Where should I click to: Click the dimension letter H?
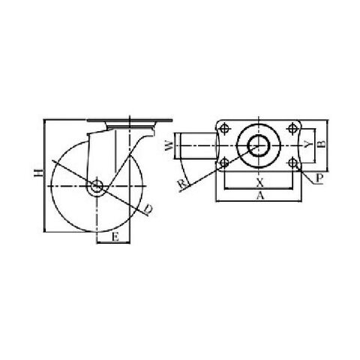point(39,172)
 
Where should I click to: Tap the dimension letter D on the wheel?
point(148,209)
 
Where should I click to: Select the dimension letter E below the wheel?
point(115,236)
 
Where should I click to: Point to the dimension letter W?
point(169,145)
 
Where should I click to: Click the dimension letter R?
point(182,184)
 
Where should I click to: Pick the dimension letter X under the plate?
point(260,183)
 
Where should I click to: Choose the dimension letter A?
point(260,196)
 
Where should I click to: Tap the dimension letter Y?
point(309,144)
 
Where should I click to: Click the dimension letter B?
point(322,144)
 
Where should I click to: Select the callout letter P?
point(319,178)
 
